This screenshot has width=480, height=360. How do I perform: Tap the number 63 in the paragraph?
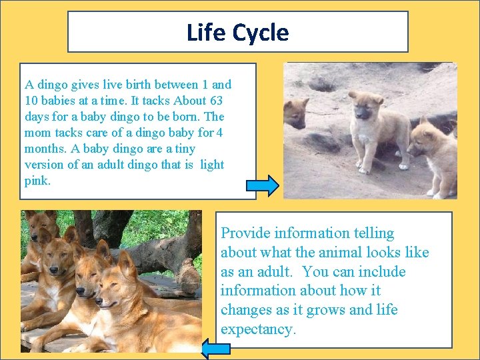coord(215,101)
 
